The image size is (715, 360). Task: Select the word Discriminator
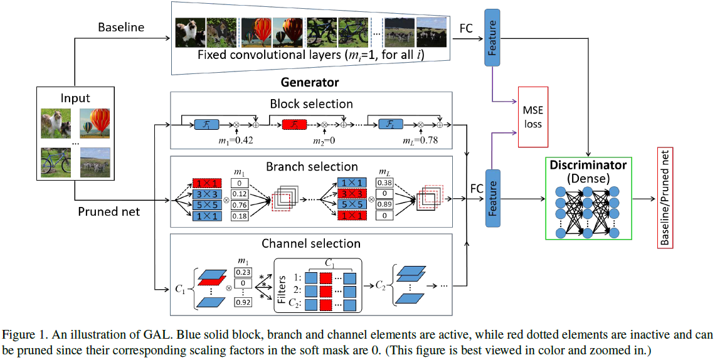(x=588, y=166)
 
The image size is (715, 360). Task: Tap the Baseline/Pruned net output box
(x=664, y=198)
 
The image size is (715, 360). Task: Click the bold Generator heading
(x=310, y=83)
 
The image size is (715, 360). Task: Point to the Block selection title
(x=311, y=103)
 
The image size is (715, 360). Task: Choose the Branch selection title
(x=312, y=167)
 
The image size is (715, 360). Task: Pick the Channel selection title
(x=311, y=243)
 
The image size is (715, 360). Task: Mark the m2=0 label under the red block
(x=324, y=140)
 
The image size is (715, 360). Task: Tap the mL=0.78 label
(x=421, y=140)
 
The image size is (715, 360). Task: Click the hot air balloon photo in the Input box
(x=95, y=122)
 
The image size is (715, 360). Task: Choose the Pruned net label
(x=109, y=211)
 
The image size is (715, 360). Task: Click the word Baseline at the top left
(x=121, y=28)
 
